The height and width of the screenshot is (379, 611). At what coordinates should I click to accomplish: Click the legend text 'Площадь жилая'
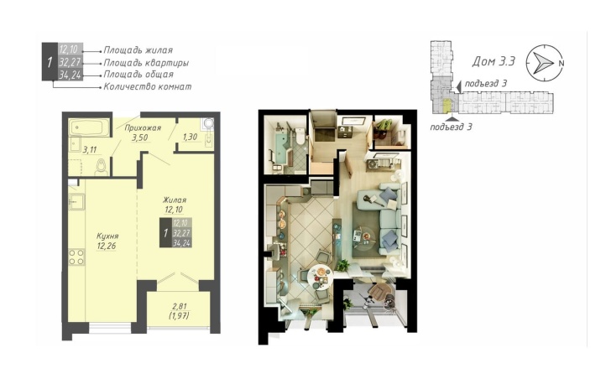click(138, 50)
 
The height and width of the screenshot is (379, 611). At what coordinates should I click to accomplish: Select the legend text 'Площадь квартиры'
click(146, 63)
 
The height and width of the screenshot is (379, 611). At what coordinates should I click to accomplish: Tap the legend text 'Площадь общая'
click(138, 75)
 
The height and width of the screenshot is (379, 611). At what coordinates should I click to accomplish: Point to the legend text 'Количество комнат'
click(148, 86)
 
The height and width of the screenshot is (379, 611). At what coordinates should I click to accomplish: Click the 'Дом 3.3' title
click(493, 61)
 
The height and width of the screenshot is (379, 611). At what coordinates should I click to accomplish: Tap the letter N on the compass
click(561, 63)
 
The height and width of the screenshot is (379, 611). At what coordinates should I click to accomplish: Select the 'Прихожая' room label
click(143, 128)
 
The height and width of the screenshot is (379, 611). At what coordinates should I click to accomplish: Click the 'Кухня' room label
click(107, 236)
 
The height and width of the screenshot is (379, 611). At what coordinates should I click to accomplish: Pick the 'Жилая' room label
click(175, 200)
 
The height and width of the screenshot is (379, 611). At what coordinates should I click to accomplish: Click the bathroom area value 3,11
click(90, 150)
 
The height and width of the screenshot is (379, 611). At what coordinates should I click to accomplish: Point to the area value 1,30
click(190, 137)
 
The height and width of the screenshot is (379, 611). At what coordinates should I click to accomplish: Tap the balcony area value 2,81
click(179, 307)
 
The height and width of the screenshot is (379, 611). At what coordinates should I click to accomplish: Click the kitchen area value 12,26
click(107, 246)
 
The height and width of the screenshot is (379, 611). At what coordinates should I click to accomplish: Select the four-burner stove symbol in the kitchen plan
click(76, 257)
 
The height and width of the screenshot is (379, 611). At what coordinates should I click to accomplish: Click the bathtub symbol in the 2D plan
click(89, 127)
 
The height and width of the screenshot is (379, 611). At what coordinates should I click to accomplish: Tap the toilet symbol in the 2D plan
click(101, 168)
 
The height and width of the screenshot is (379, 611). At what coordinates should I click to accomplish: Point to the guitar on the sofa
click(371, 200)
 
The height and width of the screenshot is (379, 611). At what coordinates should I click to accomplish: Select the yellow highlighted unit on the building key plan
click(446, 106)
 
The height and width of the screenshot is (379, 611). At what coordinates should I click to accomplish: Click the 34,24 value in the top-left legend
click(70, 75)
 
